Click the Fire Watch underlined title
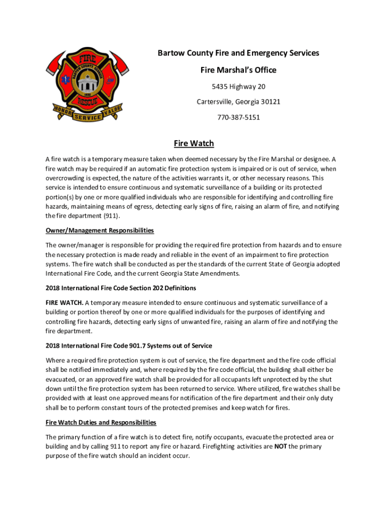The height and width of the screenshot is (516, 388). point(194,144)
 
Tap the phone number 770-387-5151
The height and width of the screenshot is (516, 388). point(238,117)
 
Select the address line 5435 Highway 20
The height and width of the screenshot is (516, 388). point(238,87)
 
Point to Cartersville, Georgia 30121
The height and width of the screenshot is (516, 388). point(238,102)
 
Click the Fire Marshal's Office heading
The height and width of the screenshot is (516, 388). point(238,70)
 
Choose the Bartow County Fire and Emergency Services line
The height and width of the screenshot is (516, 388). point(238,53)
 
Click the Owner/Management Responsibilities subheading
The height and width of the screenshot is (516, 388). point(99,230)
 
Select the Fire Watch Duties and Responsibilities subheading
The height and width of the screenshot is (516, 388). point(101,422)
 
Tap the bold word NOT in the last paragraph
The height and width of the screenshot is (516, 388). point(281,446)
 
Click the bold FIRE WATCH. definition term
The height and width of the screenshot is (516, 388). point(64,302)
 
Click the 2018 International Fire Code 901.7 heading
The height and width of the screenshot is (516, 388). point(128,346)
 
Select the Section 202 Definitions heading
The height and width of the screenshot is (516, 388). point(120,288)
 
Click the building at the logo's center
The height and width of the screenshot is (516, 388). point(87,81)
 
